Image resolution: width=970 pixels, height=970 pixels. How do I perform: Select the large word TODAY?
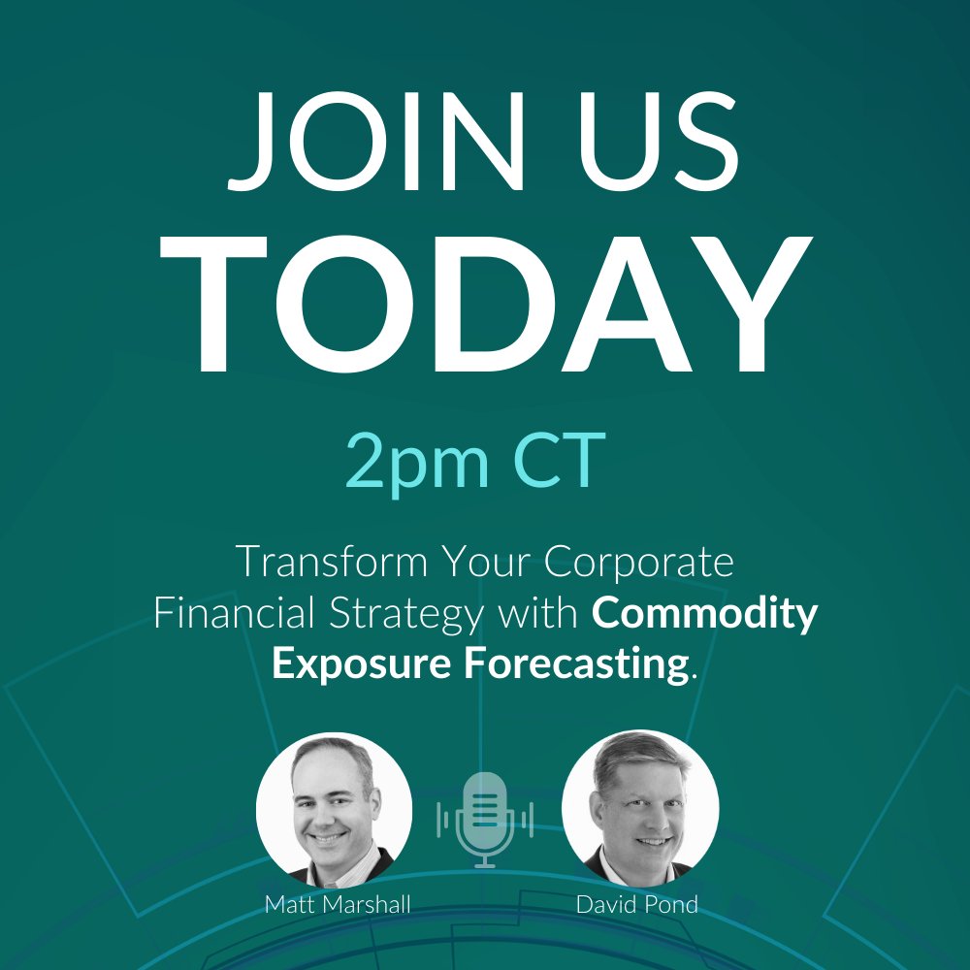click(485, 305)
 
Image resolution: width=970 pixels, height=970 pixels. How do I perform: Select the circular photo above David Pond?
click(640, 808)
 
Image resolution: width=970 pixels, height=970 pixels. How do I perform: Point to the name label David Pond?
click(639, 904)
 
